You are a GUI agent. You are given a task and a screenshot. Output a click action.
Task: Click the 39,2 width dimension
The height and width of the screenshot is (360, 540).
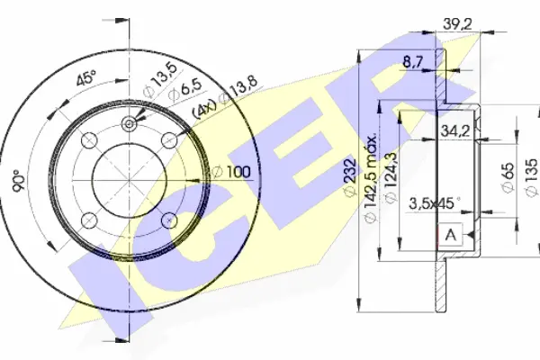click(x=457, y=23)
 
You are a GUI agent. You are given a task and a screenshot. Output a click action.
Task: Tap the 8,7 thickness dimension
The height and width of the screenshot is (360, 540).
click(x=412, y=62)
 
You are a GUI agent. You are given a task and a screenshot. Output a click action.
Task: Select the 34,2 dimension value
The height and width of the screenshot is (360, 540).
click(x=455, y=130)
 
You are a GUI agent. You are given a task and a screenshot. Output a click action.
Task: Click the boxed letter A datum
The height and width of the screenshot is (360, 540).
click(x=451, y=235)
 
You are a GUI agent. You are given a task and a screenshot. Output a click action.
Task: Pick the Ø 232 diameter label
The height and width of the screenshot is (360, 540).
click(x=350, y=177)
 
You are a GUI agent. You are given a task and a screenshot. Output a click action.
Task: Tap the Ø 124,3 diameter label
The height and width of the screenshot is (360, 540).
click(x=391, y=178)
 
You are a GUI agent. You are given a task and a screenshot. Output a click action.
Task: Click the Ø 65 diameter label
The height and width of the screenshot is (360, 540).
click(x=508, y=178)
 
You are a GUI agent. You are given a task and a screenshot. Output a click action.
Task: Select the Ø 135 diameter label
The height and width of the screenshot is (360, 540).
click(x=531, y=178)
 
